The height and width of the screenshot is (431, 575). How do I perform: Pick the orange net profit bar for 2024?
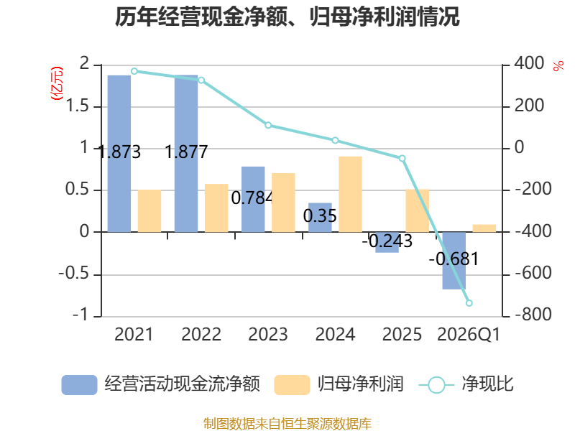350,194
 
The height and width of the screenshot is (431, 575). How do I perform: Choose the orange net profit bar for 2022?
216,208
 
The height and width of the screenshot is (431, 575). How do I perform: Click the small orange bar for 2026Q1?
484,228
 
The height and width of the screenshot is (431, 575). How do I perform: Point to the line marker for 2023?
268,125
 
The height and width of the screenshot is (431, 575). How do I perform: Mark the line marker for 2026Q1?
469,303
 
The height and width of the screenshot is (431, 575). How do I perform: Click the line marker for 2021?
134,71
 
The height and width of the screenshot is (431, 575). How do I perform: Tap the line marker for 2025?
402,158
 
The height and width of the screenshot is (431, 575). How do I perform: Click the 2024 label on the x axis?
335,335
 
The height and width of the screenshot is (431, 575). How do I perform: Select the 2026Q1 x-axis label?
469,335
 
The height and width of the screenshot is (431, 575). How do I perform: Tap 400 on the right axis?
528,65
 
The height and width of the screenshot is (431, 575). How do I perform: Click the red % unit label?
558,66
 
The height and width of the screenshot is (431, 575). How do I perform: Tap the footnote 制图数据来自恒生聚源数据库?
287,423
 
